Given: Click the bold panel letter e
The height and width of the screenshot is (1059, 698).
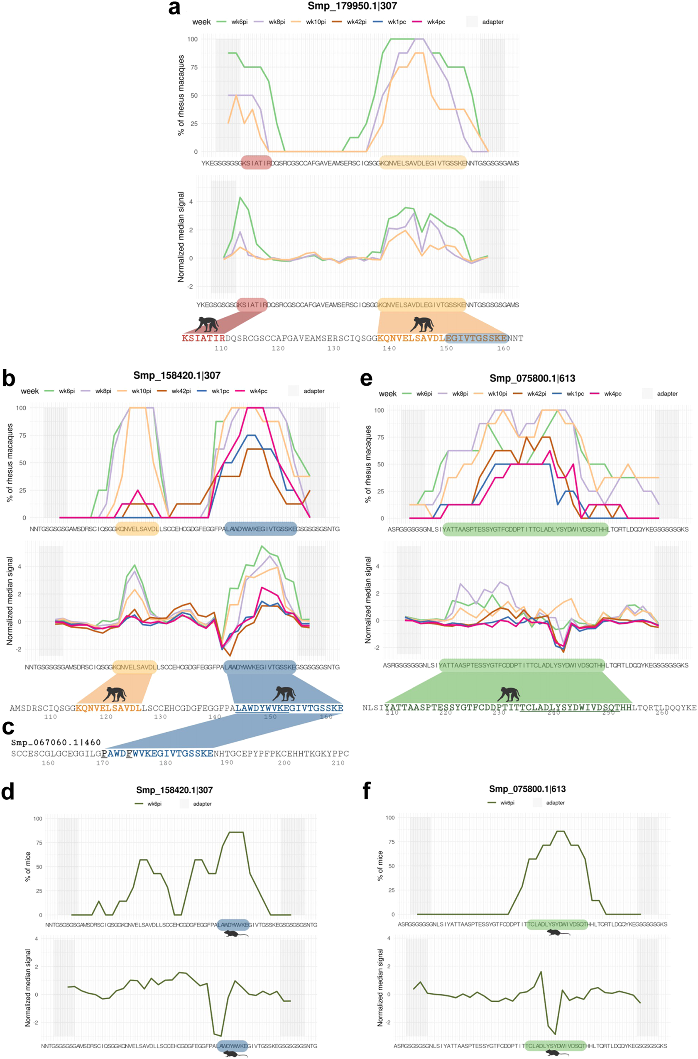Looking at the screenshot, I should point(366,379).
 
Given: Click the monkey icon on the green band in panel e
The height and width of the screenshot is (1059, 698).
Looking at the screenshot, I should point(508,694).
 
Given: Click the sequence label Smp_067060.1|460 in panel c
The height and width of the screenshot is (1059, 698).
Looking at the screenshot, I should point(56,743).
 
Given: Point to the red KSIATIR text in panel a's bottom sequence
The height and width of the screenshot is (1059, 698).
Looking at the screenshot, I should point(203,338).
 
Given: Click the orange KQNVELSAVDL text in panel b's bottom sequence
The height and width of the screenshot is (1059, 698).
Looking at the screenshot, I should point(109,708).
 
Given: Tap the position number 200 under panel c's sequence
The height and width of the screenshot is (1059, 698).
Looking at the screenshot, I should point(284,763).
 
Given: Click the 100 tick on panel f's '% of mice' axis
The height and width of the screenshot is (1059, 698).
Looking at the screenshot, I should point(390,818).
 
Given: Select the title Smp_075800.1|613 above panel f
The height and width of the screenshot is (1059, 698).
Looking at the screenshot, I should point(527,789).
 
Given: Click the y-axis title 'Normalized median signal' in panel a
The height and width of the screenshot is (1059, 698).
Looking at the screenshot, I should point(181,237).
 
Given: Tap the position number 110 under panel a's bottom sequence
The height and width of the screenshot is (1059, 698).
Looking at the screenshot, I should point(221,348).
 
